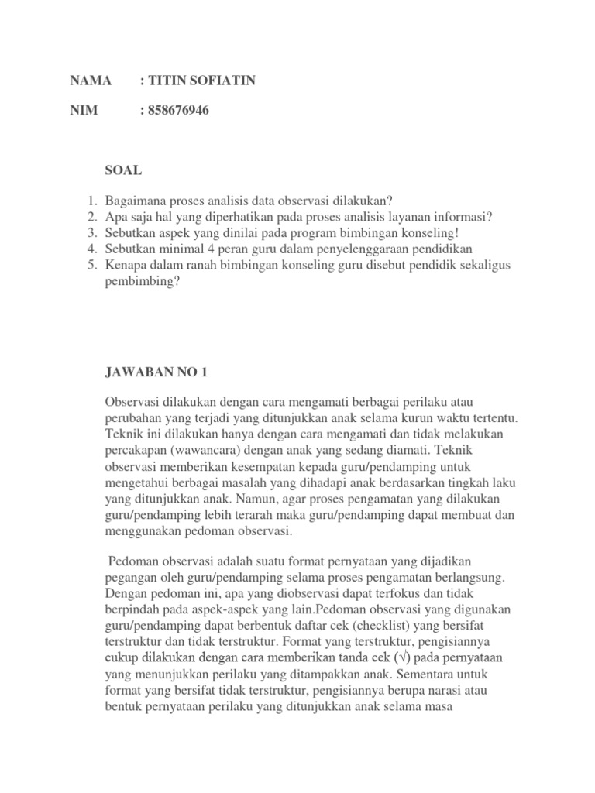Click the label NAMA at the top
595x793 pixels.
(91, 81)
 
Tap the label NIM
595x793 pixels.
(84, 110)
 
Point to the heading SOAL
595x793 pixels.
(123, 170)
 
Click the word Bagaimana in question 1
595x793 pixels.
(136, 201)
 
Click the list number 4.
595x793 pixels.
(91, 249)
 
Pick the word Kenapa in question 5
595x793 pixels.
(127, 266)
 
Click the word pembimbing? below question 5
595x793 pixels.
(143, 282)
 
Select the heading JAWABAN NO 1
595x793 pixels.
(156, 372)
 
